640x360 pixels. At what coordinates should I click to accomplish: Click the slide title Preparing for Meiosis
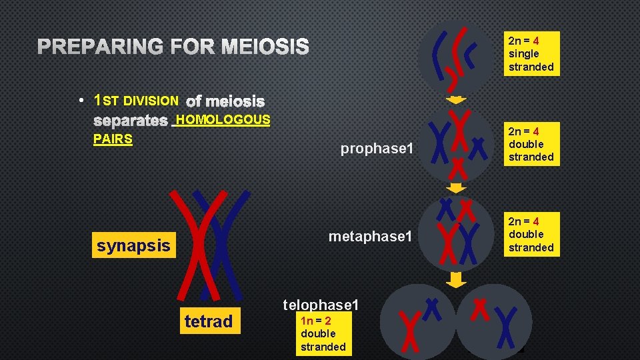(x=173, y=47)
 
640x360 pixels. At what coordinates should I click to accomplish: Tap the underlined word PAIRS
(x=113, y=139)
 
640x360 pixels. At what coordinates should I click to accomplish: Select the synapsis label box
(x=133, y=245)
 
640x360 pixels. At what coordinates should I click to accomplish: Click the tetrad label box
(x=208, y=322)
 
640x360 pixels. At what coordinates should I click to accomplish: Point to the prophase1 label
(x=377, y=149)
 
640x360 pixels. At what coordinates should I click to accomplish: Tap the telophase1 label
(x=321, y=305)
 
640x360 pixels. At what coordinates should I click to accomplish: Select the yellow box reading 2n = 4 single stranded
(x=531, y=53)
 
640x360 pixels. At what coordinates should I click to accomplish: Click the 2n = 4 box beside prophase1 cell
(x=531, y=144)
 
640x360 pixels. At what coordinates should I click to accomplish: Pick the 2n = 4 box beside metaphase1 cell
(x=531, y=234)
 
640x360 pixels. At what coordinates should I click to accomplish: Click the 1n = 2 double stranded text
(x=323, y=333)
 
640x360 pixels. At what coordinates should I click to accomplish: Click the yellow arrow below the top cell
(x=456, y=100)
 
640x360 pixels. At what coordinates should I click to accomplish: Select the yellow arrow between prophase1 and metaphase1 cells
(x=456, y=188)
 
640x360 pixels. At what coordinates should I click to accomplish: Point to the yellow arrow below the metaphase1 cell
(x=456, y=279)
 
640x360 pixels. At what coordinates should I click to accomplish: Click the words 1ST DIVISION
(x=137, y=101)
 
